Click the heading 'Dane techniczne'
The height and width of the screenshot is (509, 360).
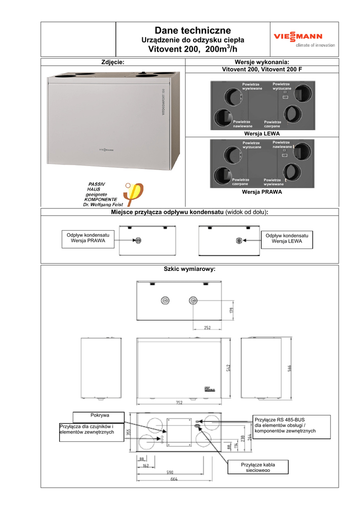click(192, 31)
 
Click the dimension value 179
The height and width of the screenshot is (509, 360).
click(231, 311)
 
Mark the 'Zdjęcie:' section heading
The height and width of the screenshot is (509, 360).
click(112, 62)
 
